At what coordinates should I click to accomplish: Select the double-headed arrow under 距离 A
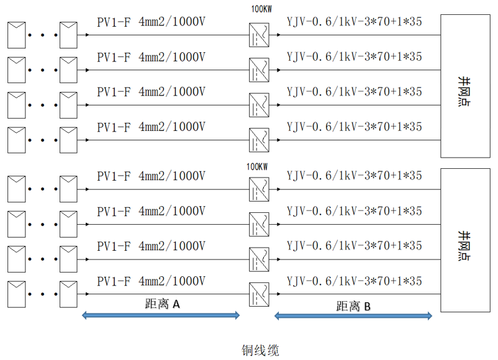161,316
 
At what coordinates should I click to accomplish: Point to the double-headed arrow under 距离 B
353,317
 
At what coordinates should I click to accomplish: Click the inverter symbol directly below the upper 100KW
259,35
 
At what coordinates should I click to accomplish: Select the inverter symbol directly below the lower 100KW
259,189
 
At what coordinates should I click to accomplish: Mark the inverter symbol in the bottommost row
259,294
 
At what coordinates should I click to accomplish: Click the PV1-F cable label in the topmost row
151,23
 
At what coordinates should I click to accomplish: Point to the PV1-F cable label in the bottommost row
151,281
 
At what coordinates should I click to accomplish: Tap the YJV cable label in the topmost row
354,23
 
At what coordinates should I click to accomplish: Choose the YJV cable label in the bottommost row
354,281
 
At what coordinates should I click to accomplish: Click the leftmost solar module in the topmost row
17,35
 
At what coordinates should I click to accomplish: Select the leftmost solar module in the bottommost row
17,294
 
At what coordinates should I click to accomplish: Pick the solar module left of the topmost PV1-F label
70,35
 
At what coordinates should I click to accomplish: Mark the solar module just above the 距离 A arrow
70,294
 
